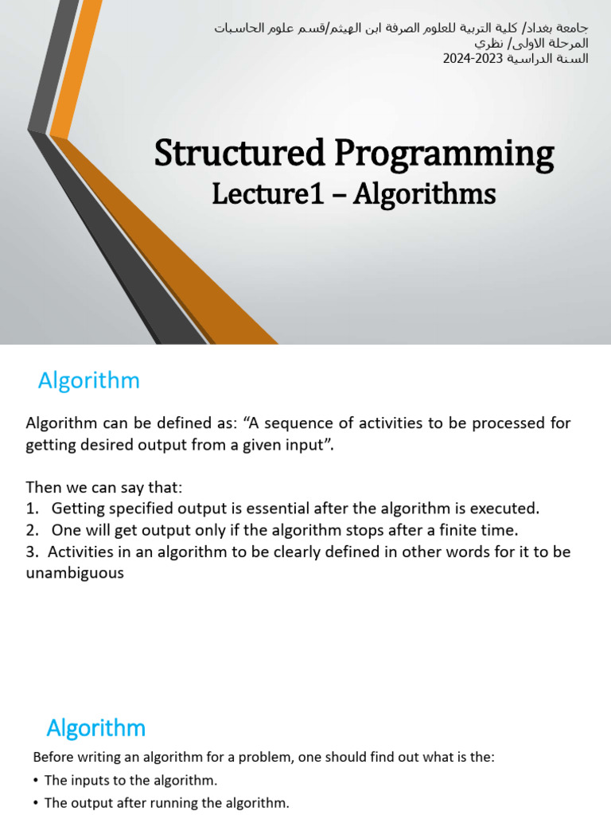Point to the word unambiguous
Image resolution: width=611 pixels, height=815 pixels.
[x=75, y=572]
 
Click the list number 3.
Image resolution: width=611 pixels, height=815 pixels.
[x=31, y=552]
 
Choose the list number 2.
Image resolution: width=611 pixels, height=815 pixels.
[x=31, y=529]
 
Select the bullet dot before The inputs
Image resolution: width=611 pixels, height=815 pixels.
[x=37, y=781]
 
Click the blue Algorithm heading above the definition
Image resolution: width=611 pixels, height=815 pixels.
[x=89, y=381]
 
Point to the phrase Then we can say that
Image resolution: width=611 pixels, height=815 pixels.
[x=104, y=486]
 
